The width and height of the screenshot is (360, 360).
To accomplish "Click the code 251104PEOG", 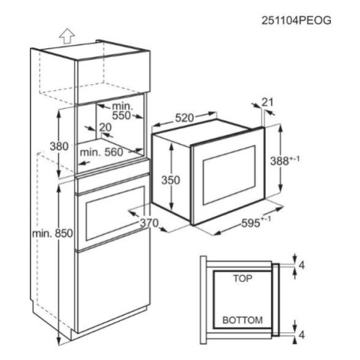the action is [296, 21].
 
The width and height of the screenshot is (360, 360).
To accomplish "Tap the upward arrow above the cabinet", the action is [67, 36].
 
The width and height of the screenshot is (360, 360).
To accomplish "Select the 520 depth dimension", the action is [185, 118].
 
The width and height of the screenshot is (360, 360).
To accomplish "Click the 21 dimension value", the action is [267, 103].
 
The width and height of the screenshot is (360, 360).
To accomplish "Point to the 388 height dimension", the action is [284, 161].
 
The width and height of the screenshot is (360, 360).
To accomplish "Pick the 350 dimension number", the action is [171, 180].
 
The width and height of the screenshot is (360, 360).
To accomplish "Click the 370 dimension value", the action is [149, 223].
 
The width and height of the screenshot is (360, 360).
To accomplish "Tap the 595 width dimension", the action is [256, 223].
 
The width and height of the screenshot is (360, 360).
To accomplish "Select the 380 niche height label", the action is [59, 146].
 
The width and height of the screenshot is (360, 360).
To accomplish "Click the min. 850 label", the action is [52, 234].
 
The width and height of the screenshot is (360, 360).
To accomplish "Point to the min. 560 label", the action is [102, 152].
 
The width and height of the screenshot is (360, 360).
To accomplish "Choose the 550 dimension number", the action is [122, 116].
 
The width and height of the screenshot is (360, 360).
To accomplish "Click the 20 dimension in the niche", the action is [106, 127].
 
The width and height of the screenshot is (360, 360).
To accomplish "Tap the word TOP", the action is [243, 278].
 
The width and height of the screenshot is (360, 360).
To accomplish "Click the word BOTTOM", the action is [243, 320].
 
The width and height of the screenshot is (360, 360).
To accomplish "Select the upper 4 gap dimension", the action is [302, 266].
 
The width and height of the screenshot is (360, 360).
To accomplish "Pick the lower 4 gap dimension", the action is [302, 335].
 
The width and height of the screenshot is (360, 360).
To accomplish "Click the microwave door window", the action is [229, 175].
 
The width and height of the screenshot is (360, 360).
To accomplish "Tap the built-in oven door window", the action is [115, 214].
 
